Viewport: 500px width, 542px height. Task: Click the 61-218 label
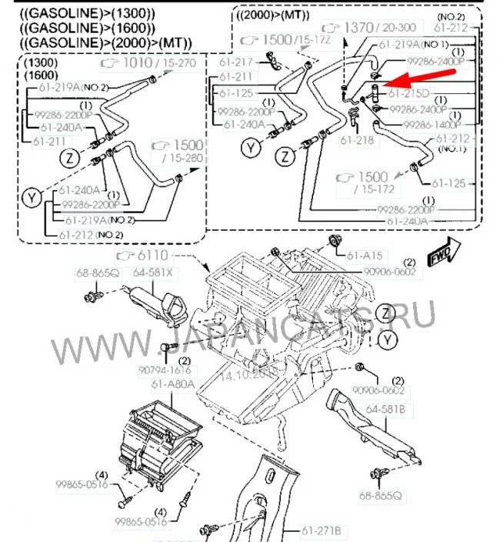coord(355,141)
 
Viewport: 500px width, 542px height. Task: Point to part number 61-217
coord(235,62)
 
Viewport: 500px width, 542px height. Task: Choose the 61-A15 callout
coord(363,255)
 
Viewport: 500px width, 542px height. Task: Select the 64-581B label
coord(385,409)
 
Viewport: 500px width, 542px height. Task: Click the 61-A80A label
coord(172,383)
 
